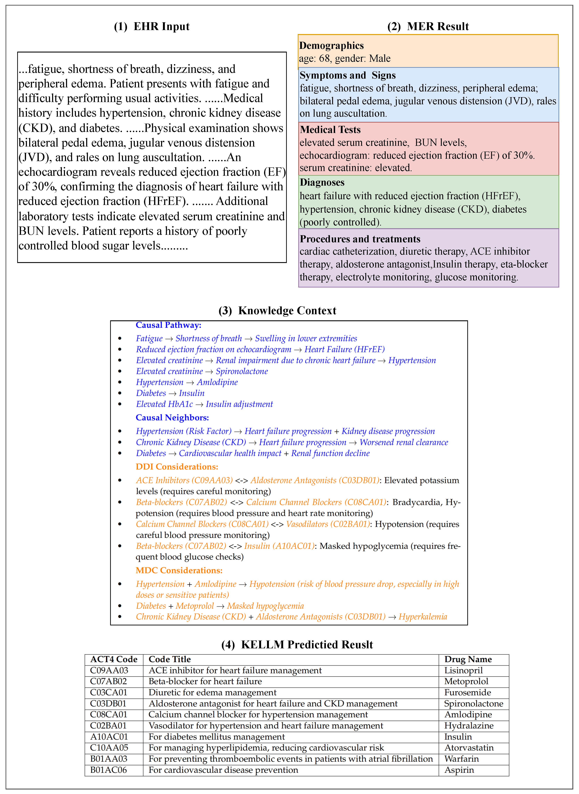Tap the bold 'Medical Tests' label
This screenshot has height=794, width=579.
[x=330, y=130]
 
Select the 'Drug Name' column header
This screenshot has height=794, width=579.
[x=468, y=659]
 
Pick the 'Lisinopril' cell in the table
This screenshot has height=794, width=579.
[x=463, y=671]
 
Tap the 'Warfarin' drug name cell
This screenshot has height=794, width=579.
[x=461, y=759]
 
